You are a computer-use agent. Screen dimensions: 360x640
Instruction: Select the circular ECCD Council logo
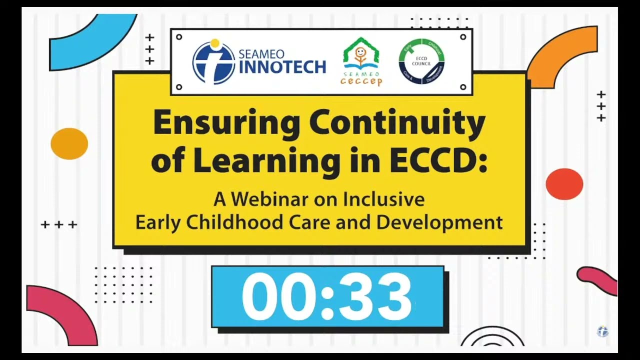point(421,61)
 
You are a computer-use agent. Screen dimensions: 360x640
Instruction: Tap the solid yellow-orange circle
point(69,144)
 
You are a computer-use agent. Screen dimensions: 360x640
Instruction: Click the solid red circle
point(564,184)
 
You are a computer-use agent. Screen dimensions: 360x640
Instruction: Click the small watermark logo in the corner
point(603,331)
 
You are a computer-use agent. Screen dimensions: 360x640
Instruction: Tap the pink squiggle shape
point(598,279)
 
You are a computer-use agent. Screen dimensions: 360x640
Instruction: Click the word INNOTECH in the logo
point(283,67)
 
